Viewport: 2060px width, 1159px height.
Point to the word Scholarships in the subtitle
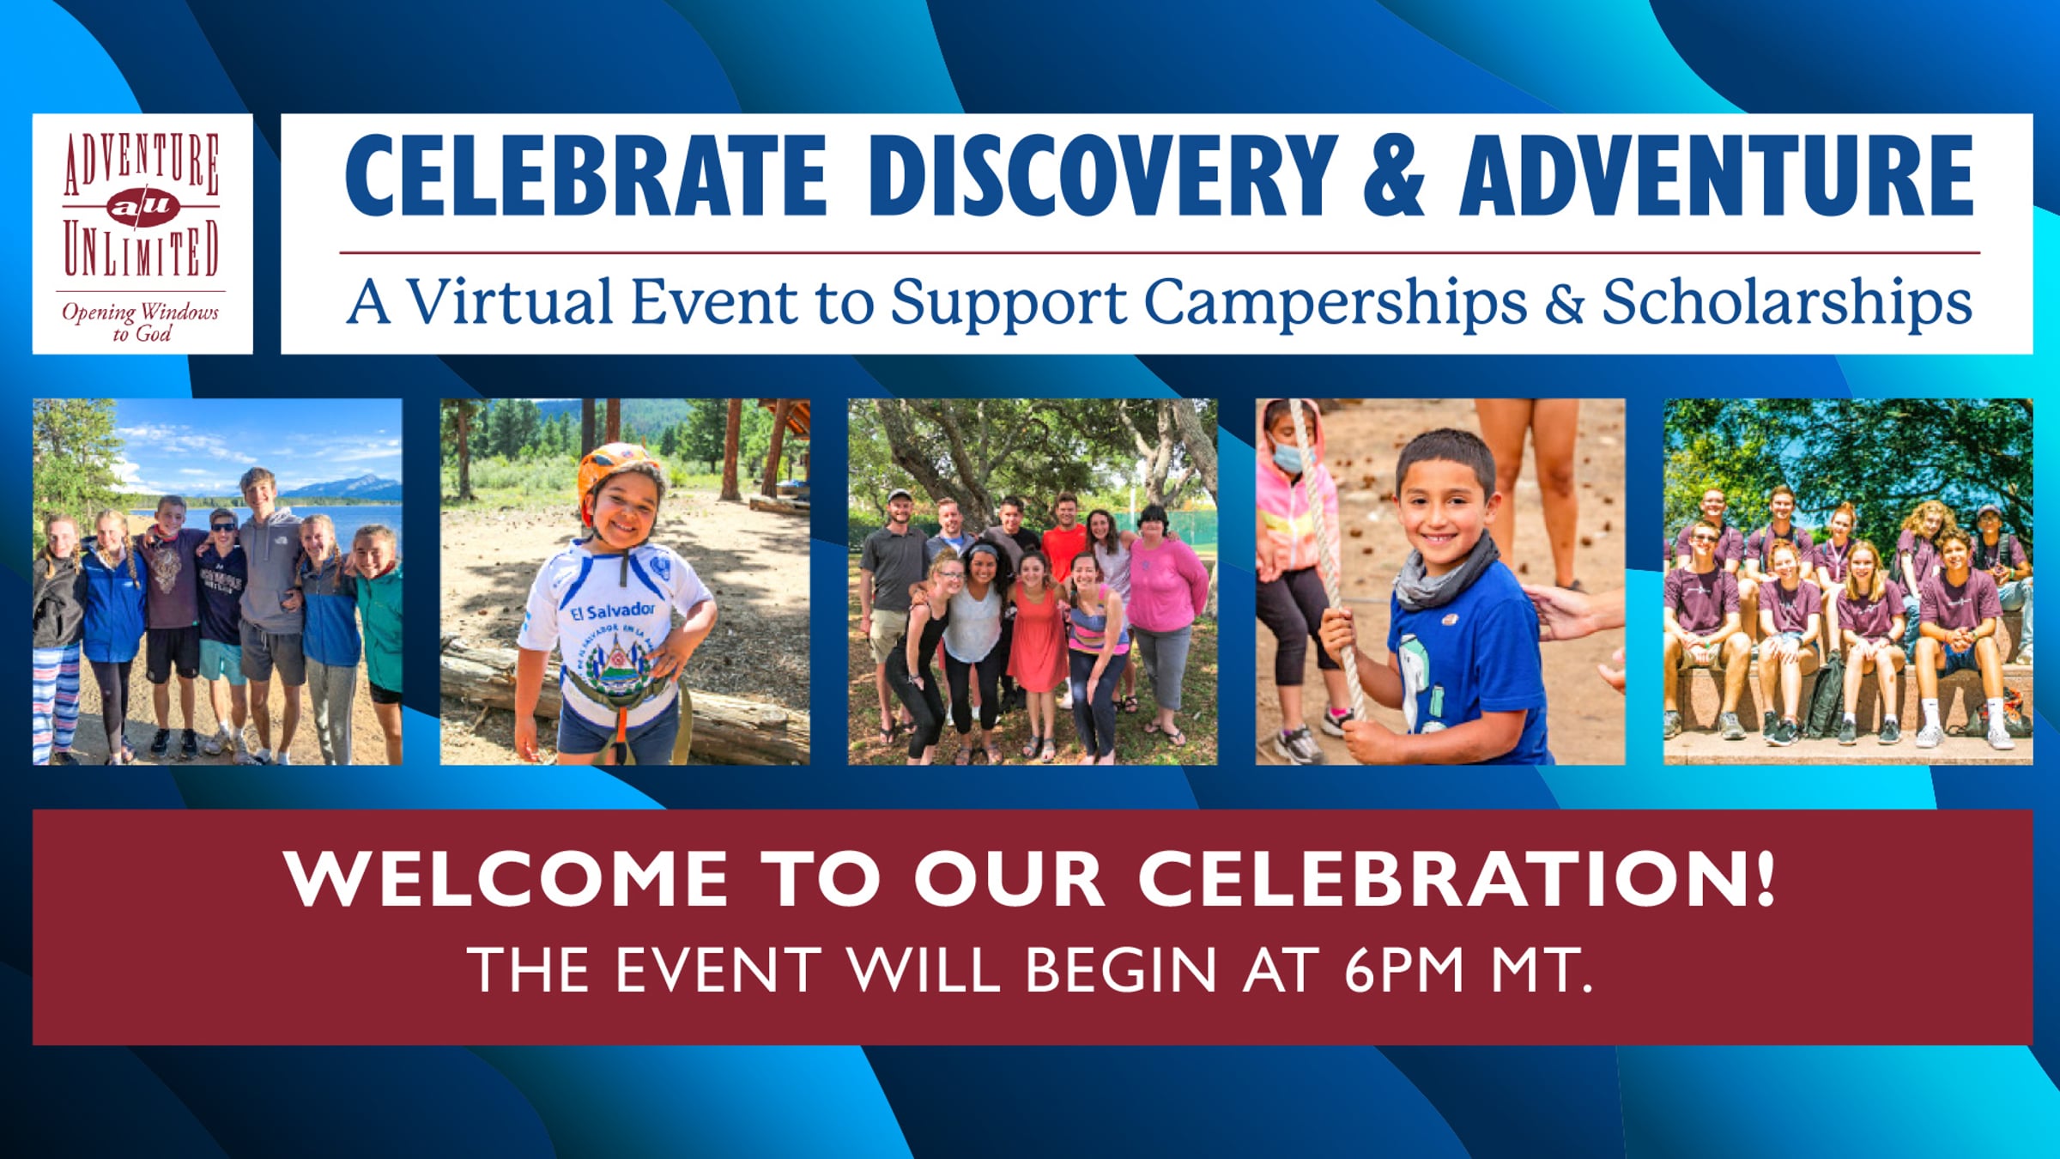tap(1787, 301)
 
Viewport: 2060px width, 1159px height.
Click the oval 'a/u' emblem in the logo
tap(142, 206)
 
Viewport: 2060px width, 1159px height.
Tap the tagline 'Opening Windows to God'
tap(141, 322)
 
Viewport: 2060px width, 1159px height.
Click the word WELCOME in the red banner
tap(506, 878)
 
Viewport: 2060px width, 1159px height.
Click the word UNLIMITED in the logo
tap(141, 250)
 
